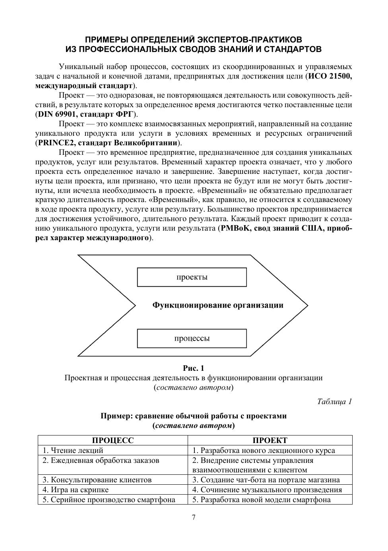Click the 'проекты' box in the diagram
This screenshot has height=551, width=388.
pyautogui.click(x=192, y=277)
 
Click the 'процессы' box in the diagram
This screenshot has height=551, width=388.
pyautogui.click(x=192, y=339)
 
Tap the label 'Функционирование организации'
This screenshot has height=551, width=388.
pyautogui.click(x=218, y=305)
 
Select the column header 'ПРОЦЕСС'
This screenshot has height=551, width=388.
pyautogui.click(x=113, y=440)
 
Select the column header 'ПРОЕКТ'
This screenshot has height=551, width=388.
pyautogui.click(x=270, y=440)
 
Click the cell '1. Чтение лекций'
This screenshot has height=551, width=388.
pyautogui.click(x=73, y=450)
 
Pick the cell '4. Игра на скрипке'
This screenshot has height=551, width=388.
pyautogui.click(x=76, y=489)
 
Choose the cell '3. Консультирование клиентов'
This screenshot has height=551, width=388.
pyautogui.click(x=97, y=480)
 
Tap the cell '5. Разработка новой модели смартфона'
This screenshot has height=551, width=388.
pyautogui.click(x=262, y=499)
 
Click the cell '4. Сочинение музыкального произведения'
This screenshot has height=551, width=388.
pyautogui.click(x=267, y=489)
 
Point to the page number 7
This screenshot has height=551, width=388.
pyautogui.click(x=194, y=517)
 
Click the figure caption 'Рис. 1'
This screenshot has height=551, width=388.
pyautogui.click(x=194, y=368)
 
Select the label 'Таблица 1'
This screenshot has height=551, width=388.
pyautogui.click(x=334, y=402)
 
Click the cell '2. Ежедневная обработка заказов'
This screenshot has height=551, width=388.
pyautogui.click(x=101, y=460)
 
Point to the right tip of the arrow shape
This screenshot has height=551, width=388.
pyautogui.click(x=307, y=305)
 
